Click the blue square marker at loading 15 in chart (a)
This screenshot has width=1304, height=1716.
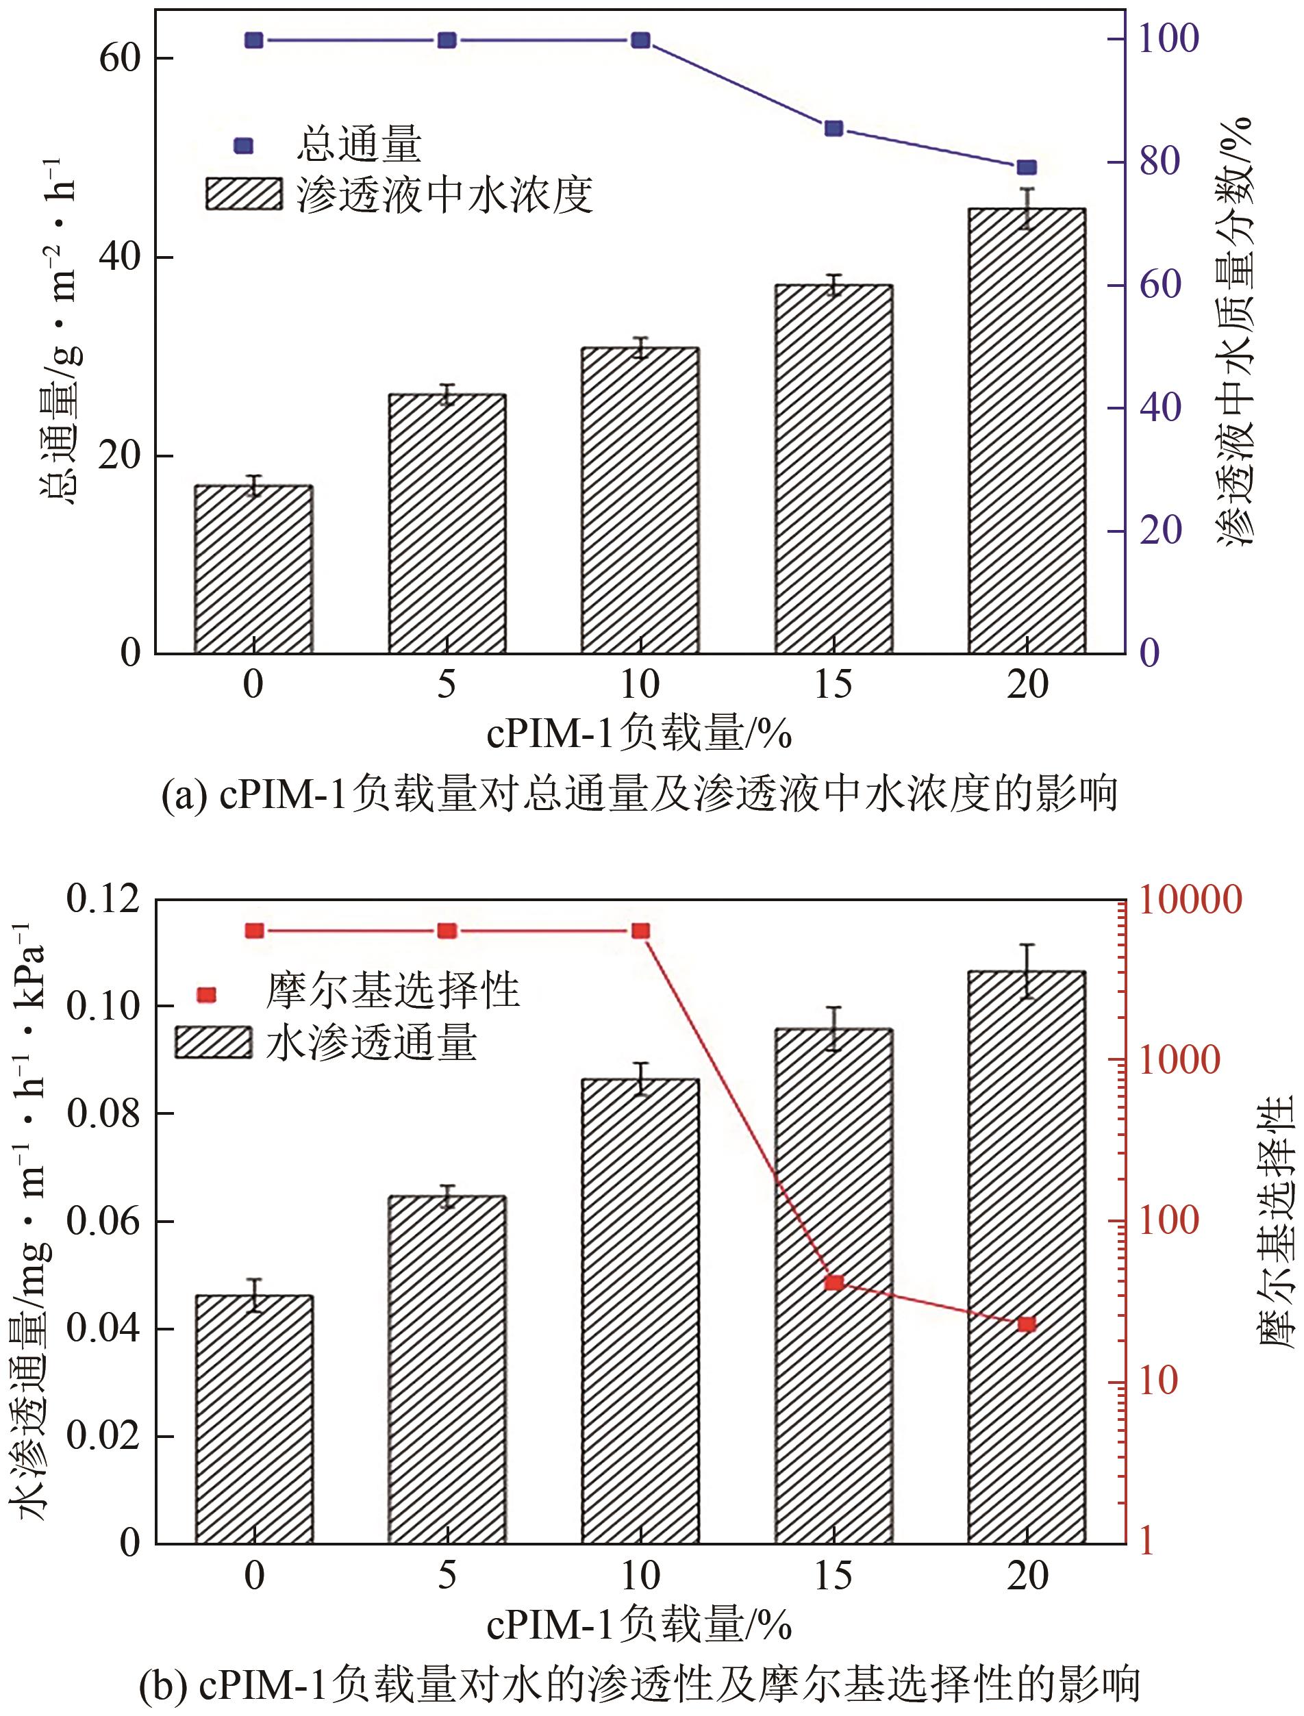tap(833, 129)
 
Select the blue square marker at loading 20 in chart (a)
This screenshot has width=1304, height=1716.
tap(1027, 168)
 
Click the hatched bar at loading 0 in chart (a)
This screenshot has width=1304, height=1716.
tap(254, 570)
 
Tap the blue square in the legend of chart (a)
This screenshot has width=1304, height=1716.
tap(244, 145)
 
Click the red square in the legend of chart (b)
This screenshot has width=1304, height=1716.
tap(206, 995)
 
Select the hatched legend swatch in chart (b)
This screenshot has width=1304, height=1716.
tap(214, 1042)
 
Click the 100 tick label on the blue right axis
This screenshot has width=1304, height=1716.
tap(1169, 39)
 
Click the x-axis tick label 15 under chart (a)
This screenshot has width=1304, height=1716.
tap(833, 685)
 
